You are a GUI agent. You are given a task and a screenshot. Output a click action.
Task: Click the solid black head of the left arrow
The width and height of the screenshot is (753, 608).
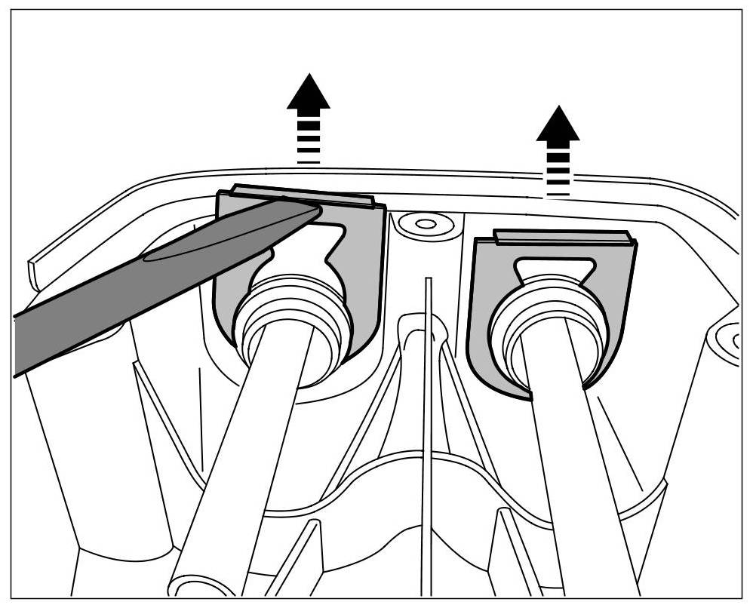(308, 94)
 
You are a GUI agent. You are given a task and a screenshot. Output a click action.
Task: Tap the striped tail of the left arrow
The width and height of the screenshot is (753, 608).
(308, 140)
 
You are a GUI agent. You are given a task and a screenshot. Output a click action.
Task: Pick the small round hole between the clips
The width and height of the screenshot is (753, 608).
(425, 224)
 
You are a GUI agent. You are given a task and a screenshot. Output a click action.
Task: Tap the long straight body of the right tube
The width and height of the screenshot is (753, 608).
(581, 468)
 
